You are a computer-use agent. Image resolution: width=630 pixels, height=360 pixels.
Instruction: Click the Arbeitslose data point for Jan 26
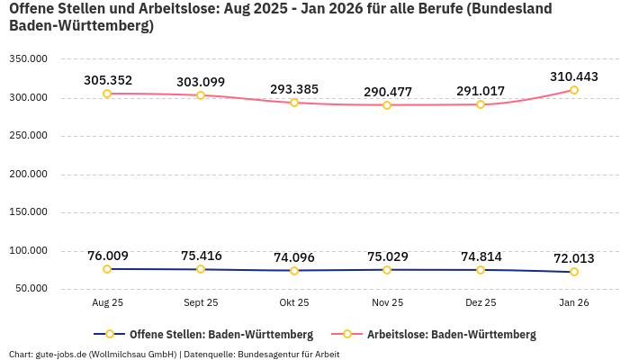(x=573, y=90)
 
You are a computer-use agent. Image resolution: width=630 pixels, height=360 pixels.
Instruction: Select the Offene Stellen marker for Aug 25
(x=107, y=269)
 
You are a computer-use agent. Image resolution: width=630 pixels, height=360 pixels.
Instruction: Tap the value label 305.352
(x=107, y=80)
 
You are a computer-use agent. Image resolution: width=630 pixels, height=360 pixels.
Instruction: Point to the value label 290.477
(x=387, y=92)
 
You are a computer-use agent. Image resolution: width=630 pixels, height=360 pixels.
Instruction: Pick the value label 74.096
(x=294, y=256)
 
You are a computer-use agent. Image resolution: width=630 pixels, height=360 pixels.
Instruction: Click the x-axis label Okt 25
(x=294, y=303)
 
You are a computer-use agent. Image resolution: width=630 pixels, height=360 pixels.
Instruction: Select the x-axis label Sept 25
(x=201, y=303)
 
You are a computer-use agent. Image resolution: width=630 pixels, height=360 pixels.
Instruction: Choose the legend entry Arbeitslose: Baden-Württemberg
(x=451, y=334)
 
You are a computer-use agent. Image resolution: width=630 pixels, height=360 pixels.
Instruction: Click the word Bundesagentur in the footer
(x=267, y=355)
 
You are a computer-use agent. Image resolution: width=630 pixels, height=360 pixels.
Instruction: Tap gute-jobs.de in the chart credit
(x=61, y=355)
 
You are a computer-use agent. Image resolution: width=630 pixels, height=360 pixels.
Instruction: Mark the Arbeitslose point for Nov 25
(x=387, y=105)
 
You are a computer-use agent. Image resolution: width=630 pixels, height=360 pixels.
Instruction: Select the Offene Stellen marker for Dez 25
(x=481, y=270)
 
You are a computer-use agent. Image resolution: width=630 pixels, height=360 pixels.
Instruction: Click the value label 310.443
(x=573, y=76)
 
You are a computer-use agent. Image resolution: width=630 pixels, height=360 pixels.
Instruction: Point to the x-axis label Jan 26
(x=573, y=303)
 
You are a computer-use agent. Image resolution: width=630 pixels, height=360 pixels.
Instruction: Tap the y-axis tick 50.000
(x=31, y=289)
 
